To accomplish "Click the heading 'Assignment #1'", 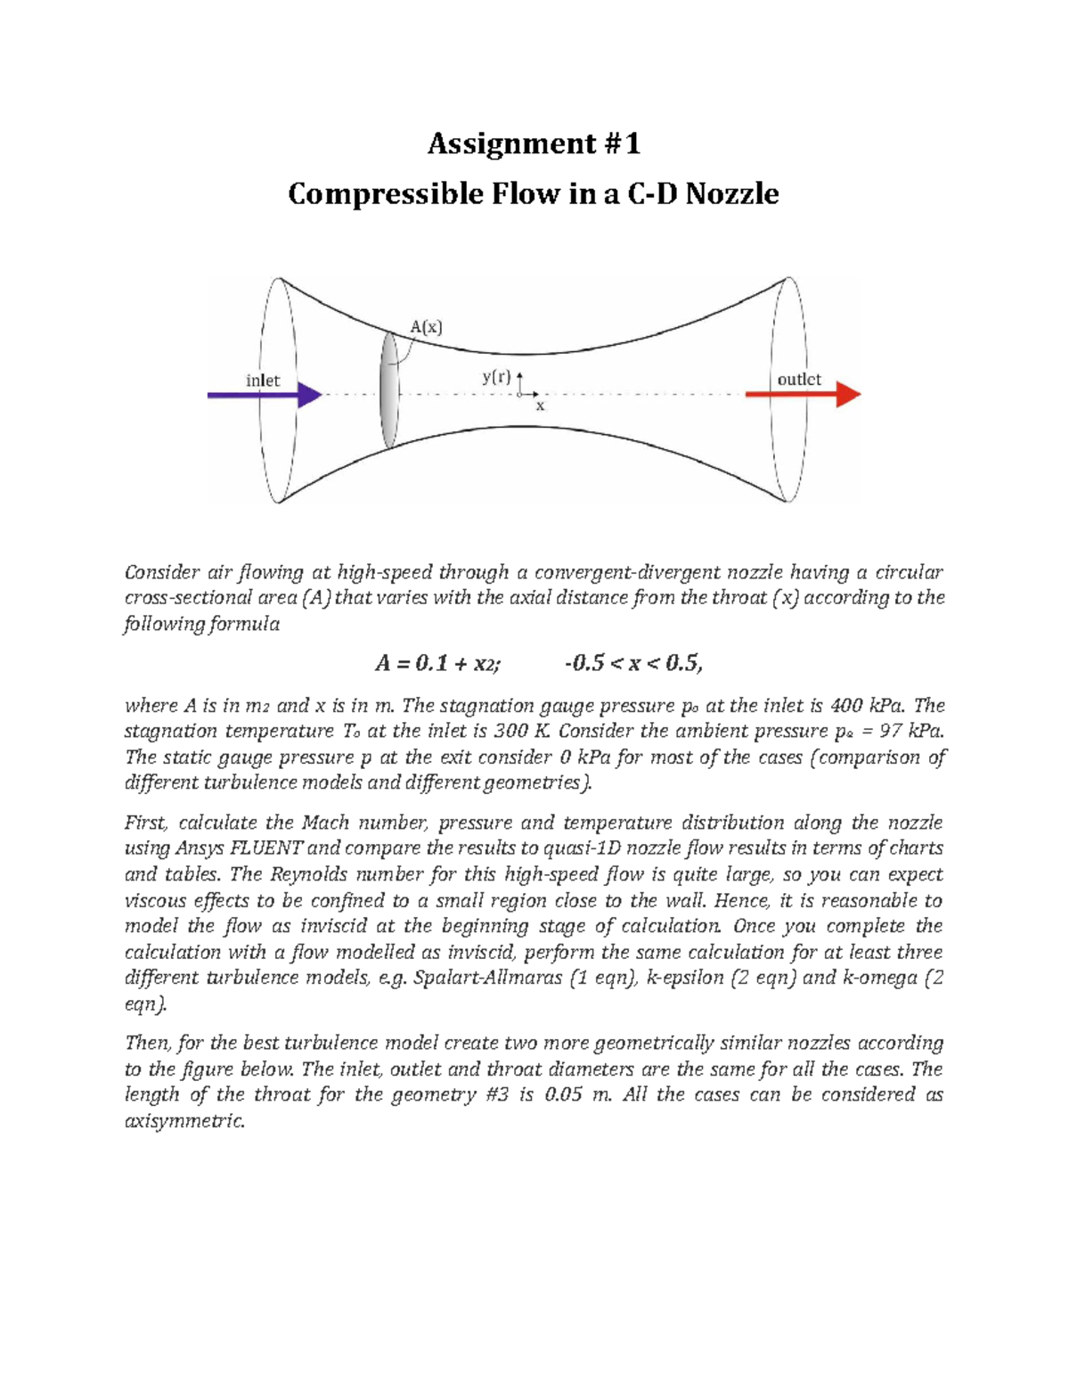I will click(534, 143).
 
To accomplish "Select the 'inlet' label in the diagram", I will click(263, 381).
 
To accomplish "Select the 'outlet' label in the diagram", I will click(799, 380).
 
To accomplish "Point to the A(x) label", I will click(426, 327).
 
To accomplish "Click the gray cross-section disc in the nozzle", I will click(388, 391).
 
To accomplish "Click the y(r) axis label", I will click(497, 377).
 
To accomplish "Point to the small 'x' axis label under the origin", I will click(540, 406).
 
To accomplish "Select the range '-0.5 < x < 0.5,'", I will click(633, 663).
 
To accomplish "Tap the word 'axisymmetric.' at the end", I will click(184, 1121).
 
